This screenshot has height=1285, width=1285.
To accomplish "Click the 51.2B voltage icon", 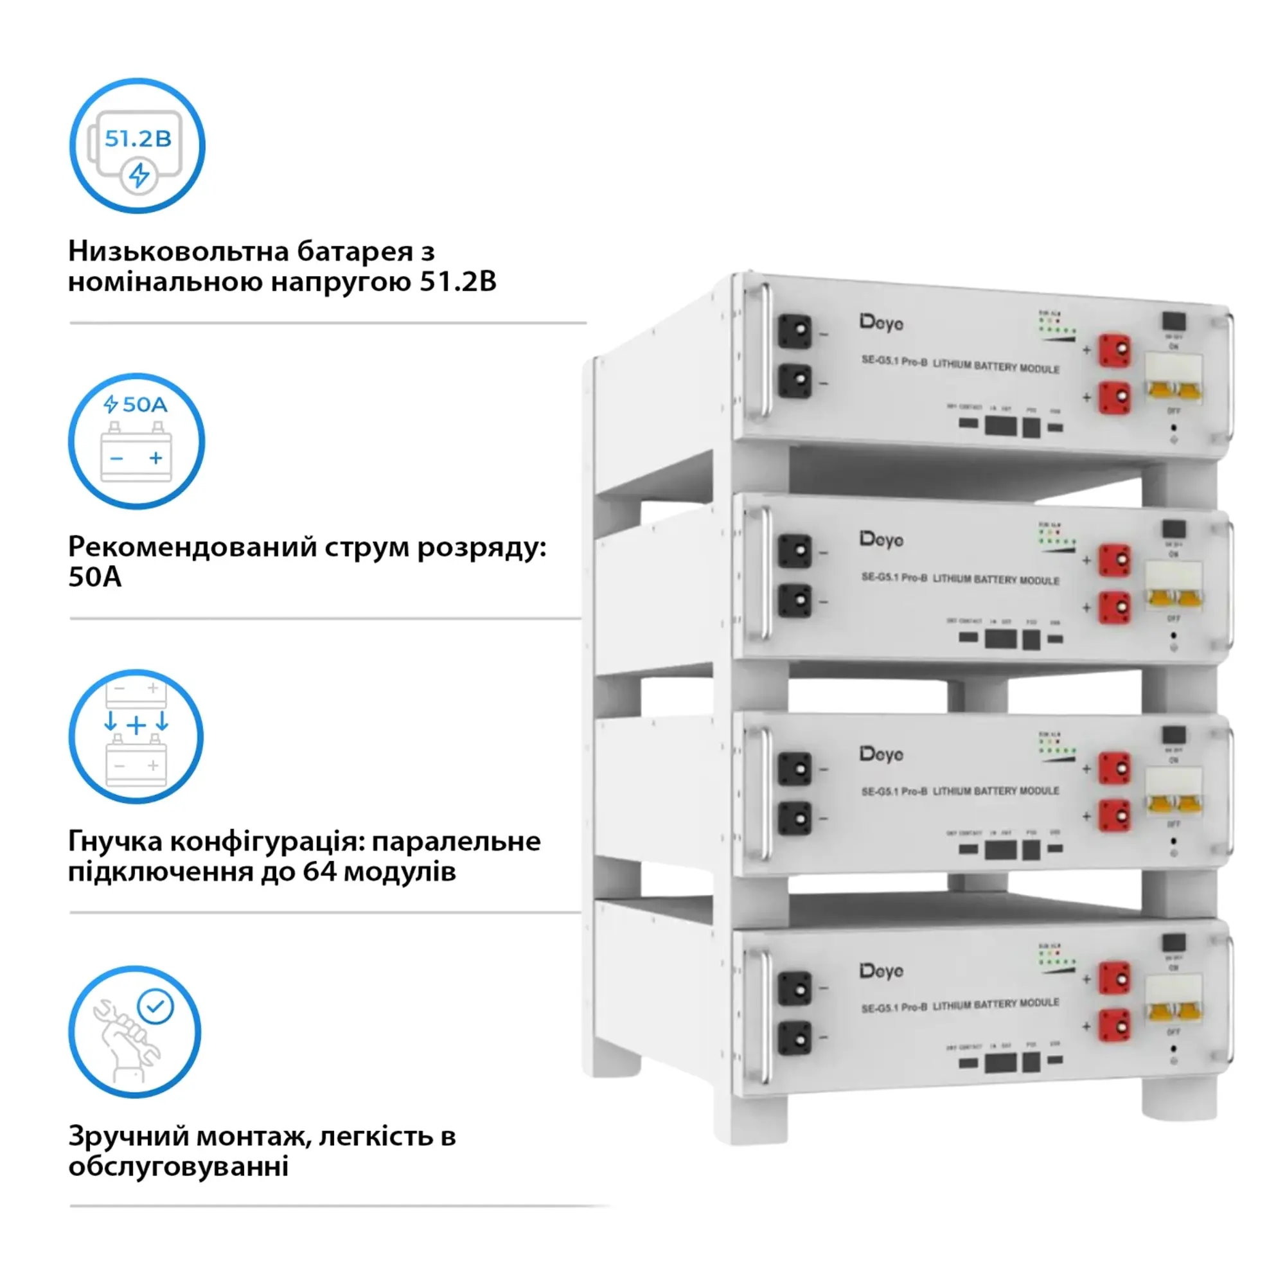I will click(137, 146).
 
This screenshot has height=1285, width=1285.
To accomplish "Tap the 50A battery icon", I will click(136, 441).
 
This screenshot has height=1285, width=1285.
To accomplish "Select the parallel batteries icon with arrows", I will click(136, 736).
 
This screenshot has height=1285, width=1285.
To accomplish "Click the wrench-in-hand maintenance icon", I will click(135, 1032).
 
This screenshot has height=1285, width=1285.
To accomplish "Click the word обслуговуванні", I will click(178, 1167).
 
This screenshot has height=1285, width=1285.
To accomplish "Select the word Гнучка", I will click(114, 842).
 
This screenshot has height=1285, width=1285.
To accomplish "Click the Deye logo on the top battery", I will click(882, 323).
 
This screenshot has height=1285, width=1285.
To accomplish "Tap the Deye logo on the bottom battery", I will click(882, 971).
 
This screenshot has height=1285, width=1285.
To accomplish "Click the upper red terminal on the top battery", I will click(1114, 350).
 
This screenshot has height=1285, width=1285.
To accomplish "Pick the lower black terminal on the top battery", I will click(795, 381).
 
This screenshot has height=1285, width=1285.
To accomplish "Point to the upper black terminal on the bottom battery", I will click(795, 988).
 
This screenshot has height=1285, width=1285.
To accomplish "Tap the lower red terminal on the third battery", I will click(1114, 815).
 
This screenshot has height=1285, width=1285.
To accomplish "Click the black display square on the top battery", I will click(1174, 321).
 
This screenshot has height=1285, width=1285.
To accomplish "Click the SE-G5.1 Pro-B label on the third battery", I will click(894, 792).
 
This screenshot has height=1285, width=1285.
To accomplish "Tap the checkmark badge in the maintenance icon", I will click(155, 1006).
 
